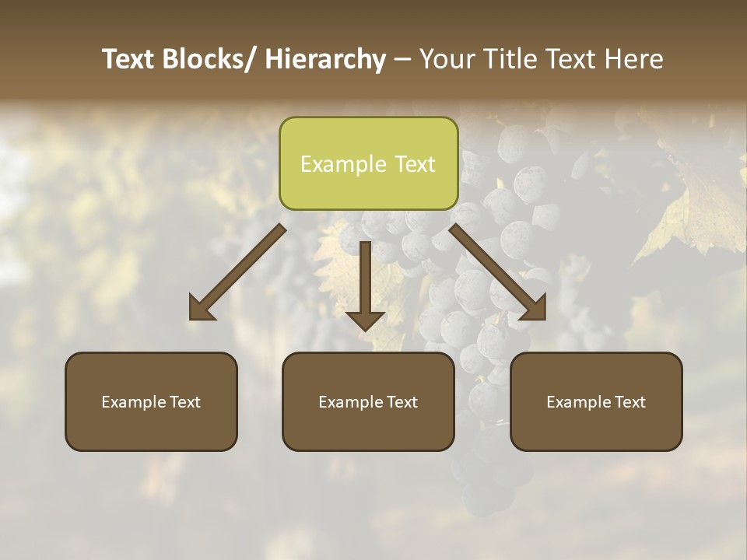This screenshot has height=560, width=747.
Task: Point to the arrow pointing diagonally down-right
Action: click(x=498, y=272)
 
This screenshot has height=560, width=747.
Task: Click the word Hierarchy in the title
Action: click(x=325, y=60)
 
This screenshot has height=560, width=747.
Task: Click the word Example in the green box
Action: click(x=343, y=165)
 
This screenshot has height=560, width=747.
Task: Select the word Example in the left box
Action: click(x=133, y=402)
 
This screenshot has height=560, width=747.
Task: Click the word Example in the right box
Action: click(x=578, y=402)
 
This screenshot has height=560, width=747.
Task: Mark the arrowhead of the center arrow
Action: click(x=365, y=320)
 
